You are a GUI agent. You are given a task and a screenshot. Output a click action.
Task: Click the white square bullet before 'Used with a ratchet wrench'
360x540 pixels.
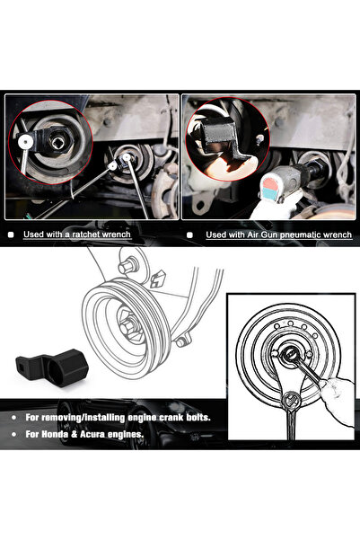point(11,235)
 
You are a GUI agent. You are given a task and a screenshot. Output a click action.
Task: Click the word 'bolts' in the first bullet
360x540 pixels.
point(219,418)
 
